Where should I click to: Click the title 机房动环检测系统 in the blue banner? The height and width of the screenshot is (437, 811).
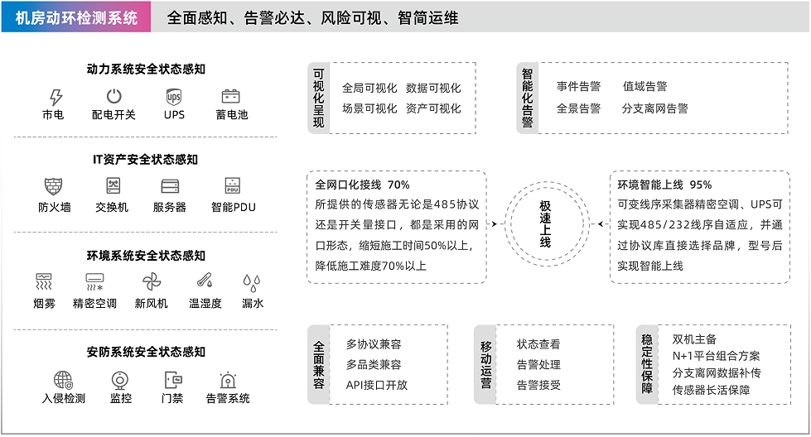point(76,17)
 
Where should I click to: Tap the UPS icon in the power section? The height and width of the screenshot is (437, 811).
point(174,96)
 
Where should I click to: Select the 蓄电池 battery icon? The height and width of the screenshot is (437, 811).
point(231,96)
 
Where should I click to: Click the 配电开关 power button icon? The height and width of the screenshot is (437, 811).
point(113,96)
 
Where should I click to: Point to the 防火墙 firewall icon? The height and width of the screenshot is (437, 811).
point(54,185)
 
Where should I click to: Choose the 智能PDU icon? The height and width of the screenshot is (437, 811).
point(232,185)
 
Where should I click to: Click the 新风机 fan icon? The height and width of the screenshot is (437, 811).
point(151,281)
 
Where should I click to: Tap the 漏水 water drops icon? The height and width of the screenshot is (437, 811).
point(253,281)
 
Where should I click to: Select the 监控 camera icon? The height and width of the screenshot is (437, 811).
point(120,379)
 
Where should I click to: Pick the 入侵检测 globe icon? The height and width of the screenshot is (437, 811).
point(63,379)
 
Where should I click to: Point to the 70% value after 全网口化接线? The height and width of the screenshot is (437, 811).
point(398,185)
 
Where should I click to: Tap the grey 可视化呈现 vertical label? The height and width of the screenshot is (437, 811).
point(319,98)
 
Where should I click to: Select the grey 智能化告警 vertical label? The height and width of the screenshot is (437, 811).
point(528,98)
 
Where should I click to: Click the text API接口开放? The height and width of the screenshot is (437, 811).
point(377,385)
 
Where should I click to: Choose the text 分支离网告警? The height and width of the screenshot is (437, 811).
point(654,108)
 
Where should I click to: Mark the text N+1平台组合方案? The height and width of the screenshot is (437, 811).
point(716,356)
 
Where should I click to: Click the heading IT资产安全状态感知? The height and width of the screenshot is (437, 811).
point(146,160)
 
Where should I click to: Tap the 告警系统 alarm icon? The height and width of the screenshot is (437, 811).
point(227,379)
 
